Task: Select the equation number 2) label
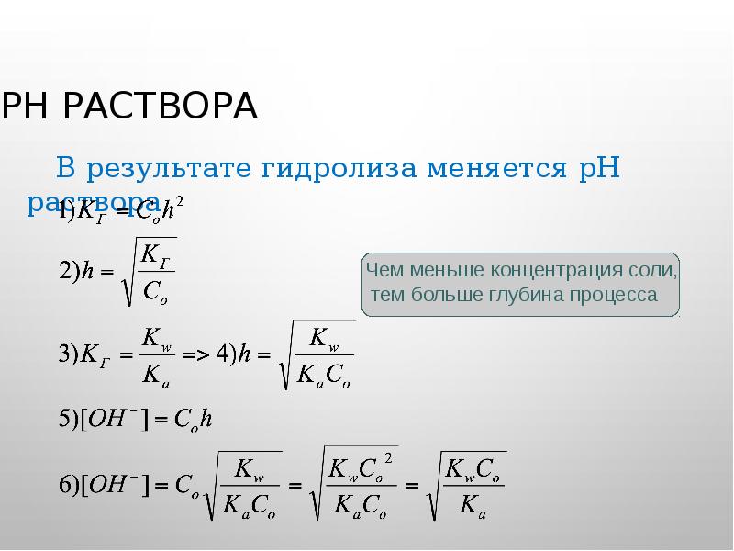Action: [x=66, y=272]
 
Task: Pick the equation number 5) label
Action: [x=66, y=419]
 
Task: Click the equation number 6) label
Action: [x=66, y=483]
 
